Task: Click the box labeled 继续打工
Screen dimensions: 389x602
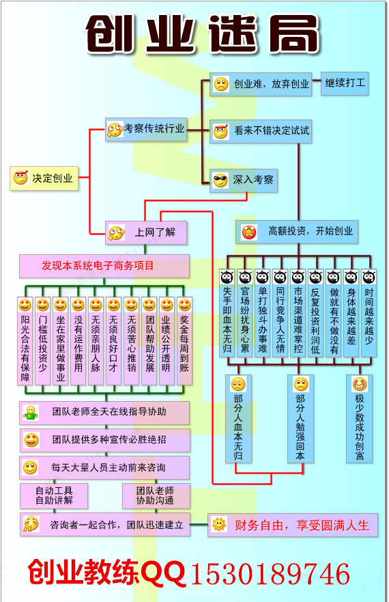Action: pos(345,83)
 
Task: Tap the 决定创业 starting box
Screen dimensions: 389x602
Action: pos(44,178)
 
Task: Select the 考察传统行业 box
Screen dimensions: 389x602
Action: pos(146,129)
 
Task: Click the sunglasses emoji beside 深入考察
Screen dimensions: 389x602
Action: pos(220,180)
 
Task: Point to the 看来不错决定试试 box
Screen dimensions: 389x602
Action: pos(261,131)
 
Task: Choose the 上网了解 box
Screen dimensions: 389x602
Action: pos(146,232)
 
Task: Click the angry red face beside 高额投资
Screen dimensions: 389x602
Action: pos(249,232)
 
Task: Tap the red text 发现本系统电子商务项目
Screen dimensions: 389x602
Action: pos(98,266)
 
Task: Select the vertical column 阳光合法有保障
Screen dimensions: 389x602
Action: pos(25,341)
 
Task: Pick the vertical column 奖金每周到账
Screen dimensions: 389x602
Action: pos(184,341)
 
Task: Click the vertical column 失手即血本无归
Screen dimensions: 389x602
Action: pos(227,313)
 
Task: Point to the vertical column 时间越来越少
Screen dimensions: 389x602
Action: pos(369,313)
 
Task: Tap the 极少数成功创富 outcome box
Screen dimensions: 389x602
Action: pos(360,419)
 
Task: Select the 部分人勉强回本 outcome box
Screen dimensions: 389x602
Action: pos(301,419)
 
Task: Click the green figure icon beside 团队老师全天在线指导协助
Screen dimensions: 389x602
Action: pos(31,413)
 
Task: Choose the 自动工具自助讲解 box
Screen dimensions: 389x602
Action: pos(54,495)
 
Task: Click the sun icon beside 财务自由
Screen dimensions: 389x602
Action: pos(219,525)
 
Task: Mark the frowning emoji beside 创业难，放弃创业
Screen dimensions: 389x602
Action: pos(221,84)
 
